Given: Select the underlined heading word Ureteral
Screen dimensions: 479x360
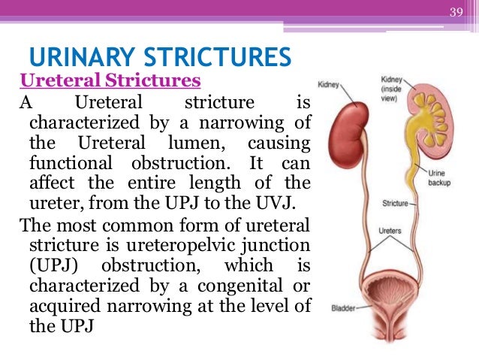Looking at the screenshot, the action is [53, 80].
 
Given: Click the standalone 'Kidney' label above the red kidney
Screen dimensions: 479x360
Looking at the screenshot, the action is [330, 84].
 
